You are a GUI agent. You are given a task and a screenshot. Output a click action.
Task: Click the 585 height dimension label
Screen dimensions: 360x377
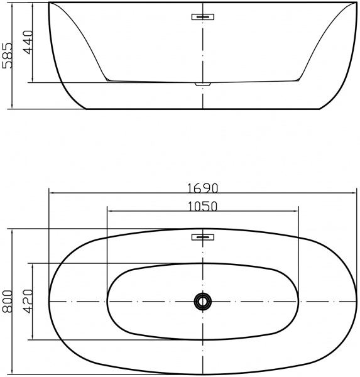(x=7, y=56)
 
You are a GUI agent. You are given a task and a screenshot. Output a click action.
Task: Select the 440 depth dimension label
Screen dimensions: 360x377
(x=28, y=42)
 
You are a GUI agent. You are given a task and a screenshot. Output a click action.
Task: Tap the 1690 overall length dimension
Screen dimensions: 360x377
(x=202, y=188)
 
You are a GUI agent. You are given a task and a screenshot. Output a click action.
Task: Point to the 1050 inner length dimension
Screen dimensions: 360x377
(x=202, y=207)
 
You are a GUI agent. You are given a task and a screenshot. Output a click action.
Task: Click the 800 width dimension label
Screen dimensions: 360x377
(x=7, y=302)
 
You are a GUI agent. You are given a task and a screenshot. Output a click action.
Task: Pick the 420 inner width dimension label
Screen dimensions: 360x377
(x=28, y=302)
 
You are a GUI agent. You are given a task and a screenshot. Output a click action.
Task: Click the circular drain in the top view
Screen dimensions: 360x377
(x=203, y=301)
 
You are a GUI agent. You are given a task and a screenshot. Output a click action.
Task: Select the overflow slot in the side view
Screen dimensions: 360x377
(x=203, y=17)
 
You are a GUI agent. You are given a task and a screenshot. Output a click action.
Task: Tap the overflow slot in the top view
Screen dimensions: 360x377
(x=203, y=237)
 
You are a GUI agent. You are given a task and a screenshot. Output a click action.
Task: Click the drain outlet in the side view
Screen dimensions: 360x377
(x=203, y=84)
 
